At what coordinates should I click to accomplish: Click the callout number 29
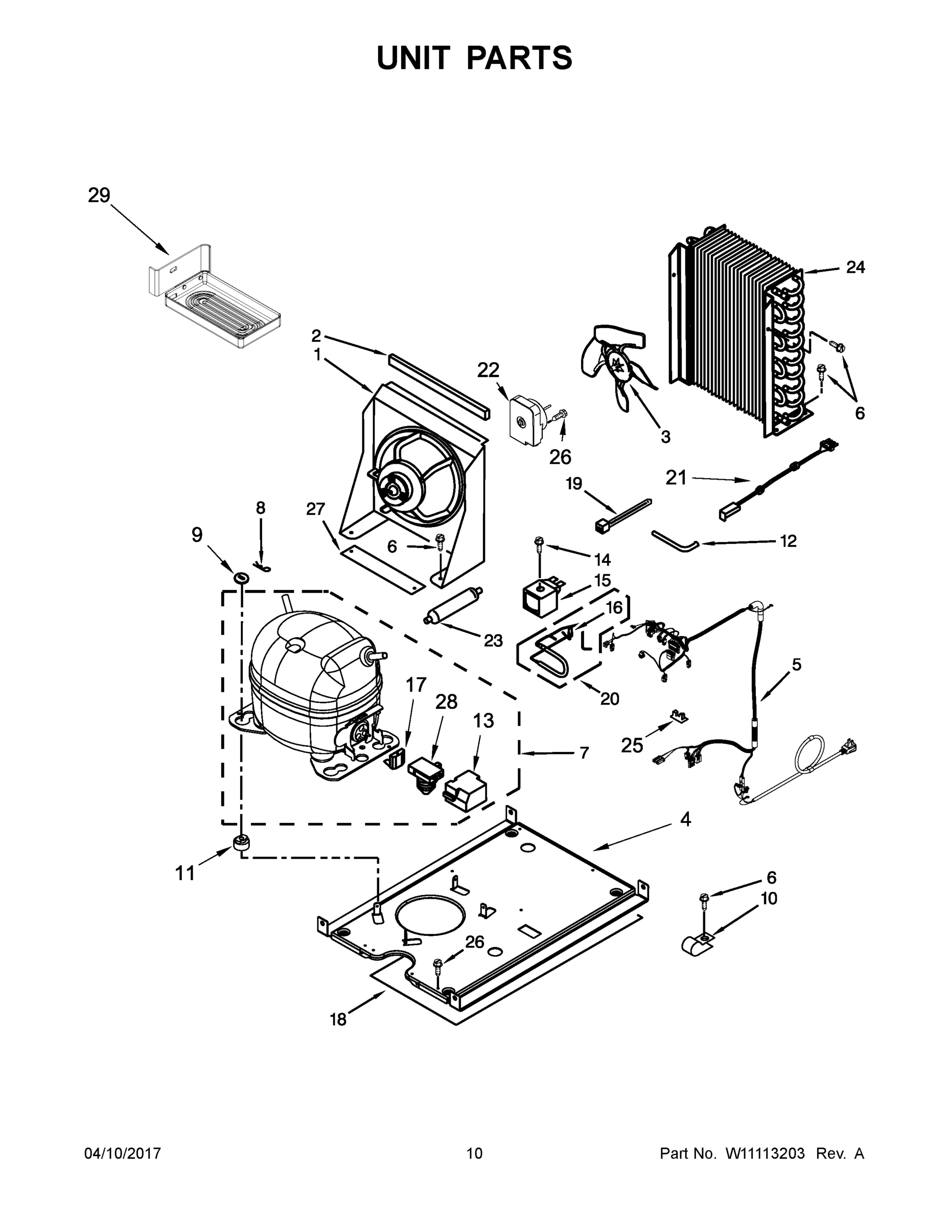(99, 196)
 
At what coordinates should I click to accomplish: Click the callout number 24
(855, 268)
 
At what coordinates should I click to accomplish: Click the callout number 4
(685, 820)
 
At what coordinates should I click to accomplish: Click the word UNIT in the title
(413, 58)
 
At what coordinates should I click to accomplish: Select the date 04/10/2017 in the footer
(123, 1153)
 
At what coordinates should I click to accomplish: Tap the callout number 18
(338, 1020)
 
